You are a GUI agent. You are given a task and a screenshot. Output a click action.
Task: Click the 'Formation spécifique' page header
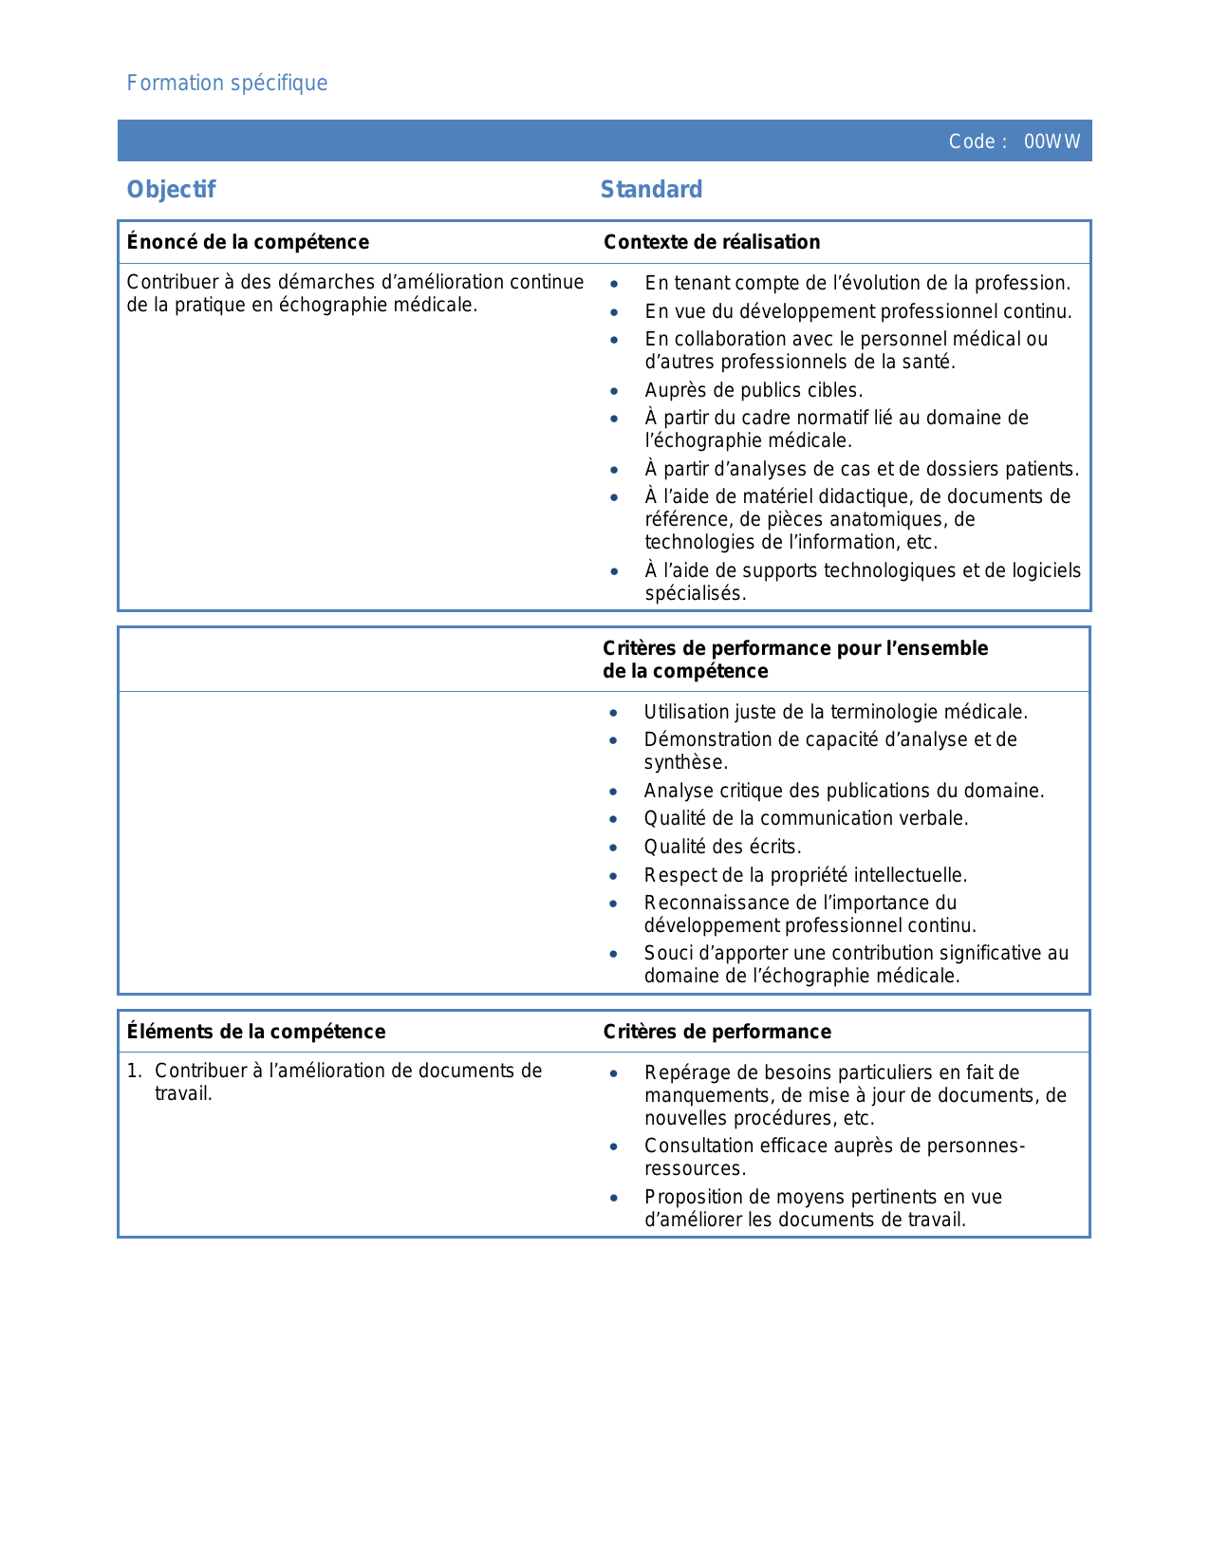227,84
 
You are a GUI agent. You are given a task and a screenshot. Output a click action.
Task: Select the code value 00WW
1052,142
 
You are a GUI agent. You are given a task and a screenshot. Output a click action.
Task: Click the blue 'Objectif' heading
172,190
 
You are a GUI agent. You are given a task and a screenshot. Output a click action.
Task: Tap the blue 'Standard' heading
651,190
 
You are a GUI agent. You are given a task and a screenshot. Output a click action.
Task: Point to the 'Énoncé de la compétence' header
248,242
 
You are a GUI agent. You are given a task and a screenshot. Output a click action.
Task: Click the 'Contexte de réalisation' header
712,242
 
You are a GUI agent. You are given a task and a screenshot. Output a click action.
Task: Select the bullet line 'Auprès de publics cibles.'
754,390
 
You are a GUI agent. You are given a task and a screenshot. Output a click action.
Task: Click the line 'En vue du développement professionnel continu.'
858,311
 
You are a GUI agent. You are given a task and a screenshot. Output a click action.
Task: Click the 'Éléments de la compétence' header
256,1032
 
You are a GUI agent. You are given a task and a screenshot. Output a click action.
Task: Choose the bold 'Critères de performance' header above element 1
717,1032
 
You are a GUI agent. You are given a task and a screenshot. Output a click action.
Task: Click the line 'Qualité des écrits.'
722,847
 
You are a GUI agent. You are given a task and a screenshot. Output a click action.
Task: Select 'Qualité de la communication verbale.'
806,818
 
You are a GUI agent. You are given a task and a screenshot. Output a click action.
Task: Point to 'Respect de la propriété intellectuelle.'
805,875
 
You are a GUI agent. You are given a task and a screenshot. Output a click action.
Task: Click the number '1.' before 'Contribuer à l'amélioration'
135,1072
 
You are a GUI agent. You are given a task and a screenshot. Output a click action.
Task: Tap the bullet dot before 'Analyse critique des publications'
614,792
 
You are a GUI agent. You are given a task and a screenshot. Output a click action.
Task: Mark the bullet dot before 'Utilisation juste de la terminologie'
614,713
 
